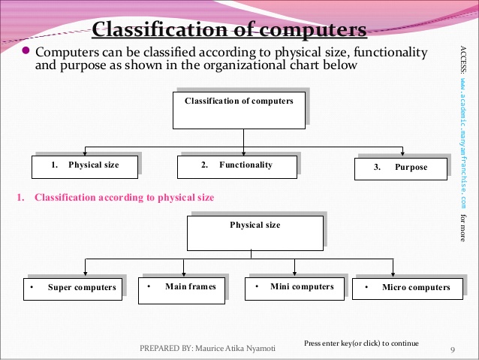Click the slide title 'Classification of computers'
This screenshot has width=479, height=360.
tap(229, 30)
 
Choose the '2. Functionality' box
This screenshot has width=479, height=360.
tap(236, 165)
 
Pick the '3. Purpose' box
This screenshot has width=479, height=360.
tap(401, 168)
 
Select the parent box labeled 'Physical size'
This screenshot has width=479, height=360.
tap(255, 232)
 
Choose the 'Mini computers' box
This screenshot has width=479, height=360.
tap(292, 288)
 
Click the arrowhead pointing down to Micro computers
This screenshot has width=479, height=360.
tap(393, 274)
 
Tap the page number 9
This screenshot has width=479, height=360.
tap(453, 349)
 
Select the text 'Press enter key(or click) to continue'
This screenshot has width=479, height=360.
tap(361, 343)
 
